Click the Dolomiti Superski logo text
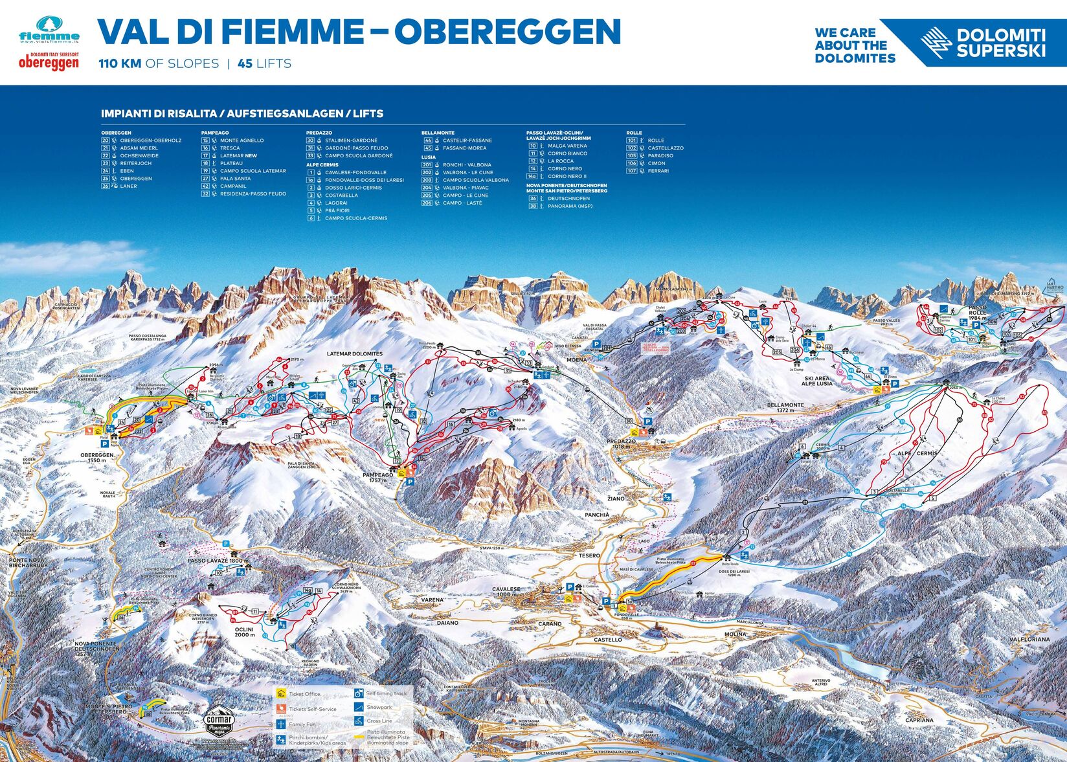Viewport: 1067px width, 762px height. coord(1000,43)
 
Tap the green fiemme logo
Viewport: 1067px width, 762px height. coord(49,32)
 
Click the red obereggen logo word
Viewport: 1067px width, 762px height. coord(49,63)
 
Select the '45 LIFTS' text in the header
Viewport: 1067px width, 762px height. coord(264,63)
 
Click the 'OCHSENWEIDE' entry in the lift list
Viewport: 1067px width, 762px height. coord(139,156)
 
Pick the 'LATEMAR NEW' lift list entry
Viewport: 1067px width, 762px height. coord(238,156)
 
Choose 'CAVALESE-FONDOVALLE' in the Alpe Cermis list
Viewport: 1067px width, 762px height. coord(355,172)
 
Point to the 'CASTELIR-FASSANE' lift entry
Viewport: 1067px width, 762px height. coord(467,140)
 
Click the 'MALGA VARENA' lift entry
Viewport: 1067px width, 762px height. coord(567,146)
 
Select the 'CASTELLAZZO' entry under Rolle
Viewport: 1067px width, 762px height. coord(665,148)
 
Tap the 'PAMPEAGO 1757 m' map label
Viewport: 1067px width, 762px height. coord(377,477)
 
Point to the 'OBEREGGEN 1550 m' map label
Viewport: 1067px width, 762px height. coord(97,457)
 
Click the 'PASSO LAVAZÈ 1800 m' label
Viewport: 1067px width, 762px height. coord(218,561)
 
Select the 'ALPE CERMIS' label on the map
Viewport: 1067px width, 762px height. coord(917,453)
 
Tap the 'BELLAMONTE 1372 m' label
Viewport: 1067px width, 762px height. coord(785,407)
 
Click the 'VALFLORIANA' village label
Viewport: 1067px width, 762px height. coord(1029,639)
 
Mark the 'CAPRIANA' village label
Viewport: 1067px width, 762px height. coord(919,719)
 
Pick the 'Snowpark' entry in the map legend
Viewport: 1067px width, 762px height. coord(379,708)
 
